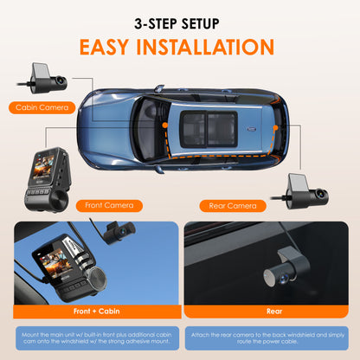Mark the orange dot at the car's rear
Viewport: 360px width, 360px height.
(274, 127)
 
